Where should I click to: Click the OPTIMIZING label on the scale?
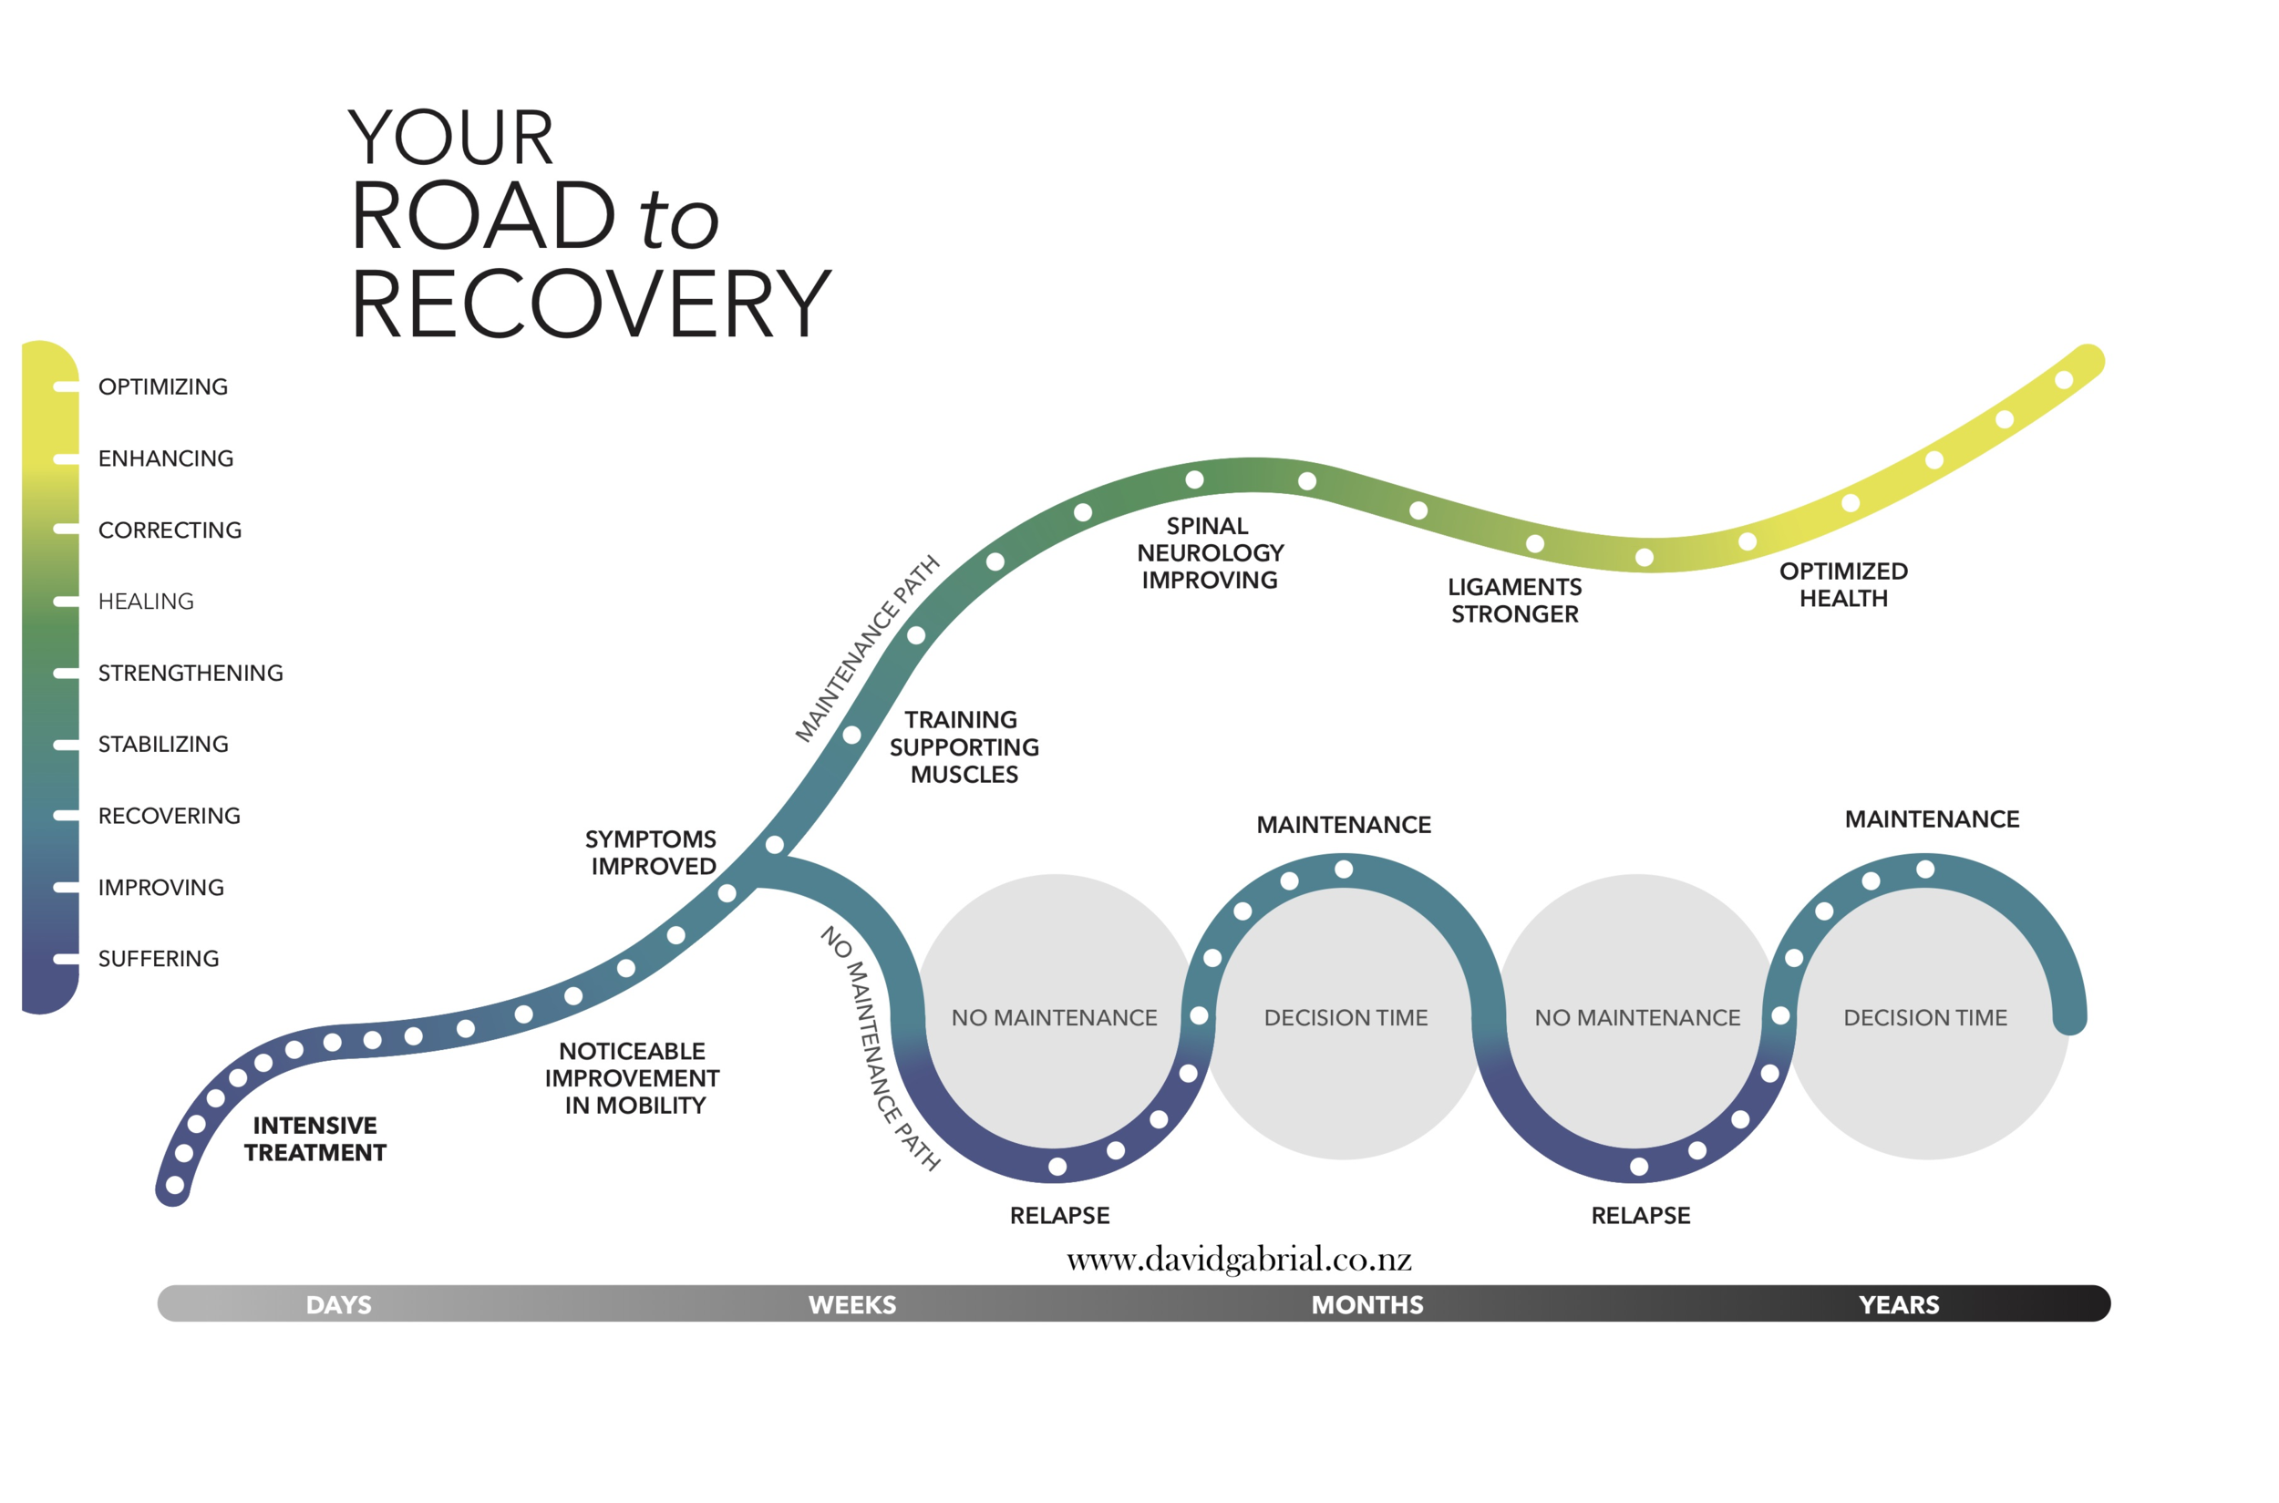click(x=163, y=386)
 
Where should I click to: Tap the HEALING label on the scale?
click(x=146, y=601)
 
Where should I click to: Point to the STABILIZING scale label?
click(x=163, y=744)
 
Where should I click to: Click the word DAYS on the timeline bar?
click(x=338, y=1304)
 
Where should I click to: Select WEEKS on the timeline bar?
click(x=851, y=1304)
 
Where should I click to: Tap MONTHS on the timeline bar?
click(x=1366, y=1304)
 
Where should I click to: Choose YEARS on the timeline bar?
click(x=1897, y=1304)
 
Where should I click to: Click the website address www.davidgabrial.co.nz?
click(x=1238, y=1260)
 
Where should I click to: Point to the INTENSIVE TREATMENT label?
click(x=315, y=1138)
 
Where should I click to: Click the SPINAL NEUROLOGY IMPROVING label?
click(x=1209, y=553)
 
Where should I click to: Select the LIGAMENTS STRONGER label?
click(x=1514, y=600)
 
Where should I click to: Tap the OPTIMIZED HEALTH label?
click(x=1842, y=585)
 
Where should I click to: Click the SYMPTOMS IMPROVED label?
click(x=651, y=852)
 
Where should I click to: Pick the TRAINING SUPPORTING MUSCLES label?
click(x=963, y=746)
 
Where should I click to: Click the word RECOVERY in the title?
click(x=590, y=304)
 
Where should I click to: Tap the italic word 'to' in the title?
click(x=678, y=219)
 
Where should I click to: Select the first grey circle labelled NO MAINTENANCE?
click(x=1054, y=1017)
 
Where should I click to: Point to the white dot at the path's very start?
click(x=174, y=1186)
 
